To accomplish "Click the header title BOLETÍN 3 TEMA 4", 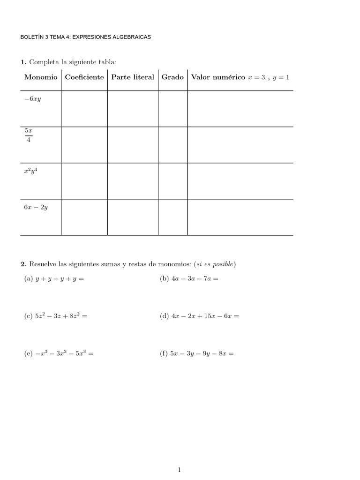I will tap(86, 37).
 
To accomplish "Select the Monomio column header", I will tap(41, 77).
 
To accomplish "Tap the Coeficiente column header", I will tap(84, 77).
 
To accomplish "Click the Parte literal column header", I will tap(133, 77).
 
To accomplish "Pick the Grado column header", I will tap(172, 77).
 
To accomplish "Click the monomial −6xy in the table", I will tap(33, 99).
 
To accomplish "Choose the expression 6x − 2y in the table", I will tap(36, 207).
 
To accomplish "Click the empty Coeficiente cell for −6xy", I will tap(84, 109).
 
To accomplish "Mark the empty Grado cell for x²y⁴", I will tap(172, 181).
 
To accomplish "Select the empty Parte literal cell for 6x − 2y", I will tap(133, 217).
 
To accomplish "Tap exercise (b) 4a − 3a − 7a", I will tap(189, 278).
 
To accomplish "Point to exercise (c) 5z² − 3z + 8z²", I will tap(56, 316).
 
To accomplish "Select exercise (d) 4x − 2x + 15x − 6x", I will tap(199, 316).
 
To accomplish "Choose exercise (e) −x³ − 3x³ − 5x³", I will tap(59, 354).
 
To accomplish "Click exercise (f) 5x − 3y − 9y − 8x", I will tap(196, 354).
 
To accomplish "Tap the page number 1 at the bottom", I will tap(180, 457).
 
